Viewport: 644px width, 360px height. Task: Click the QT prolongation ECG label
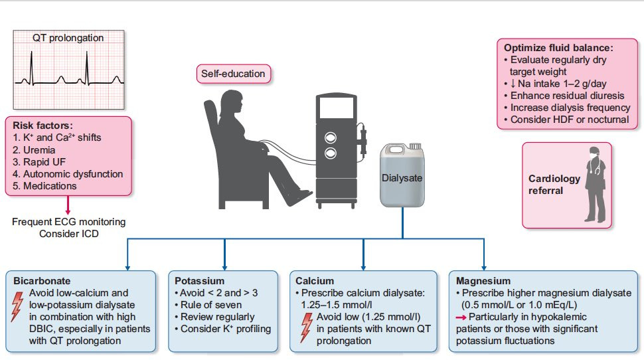[68, 38]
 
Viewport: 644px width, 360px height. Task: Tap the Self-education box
[234, 74]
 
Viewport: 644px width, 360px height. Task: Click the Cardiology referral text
[554, 185]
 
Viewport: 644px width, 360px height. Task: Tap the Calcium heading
[315, 281]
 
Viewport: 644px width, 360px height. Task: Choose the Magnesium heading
[483, 281]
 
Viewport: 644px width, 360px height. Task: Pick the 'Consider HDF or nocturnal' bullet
[569, 120]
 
